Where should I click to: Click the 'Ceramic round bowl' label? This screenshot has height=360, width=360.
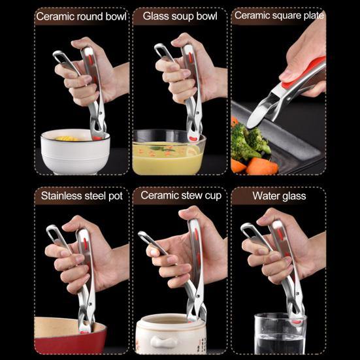(x=81, y=16)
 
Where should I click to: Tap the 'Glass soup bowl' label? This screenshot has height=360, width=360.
(x=179, y=16)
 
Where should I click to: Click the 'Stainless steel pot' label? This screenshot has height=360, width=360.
(x=81, y=195)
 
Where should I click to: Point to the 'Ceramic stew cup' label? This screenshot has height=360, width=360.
(x=180, y=195)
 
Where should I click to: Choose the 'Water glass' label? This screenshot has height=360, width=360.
(x=278, y=195)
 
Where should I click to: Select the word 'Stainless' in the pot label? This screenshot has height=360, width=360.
(x=63, y=195)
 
